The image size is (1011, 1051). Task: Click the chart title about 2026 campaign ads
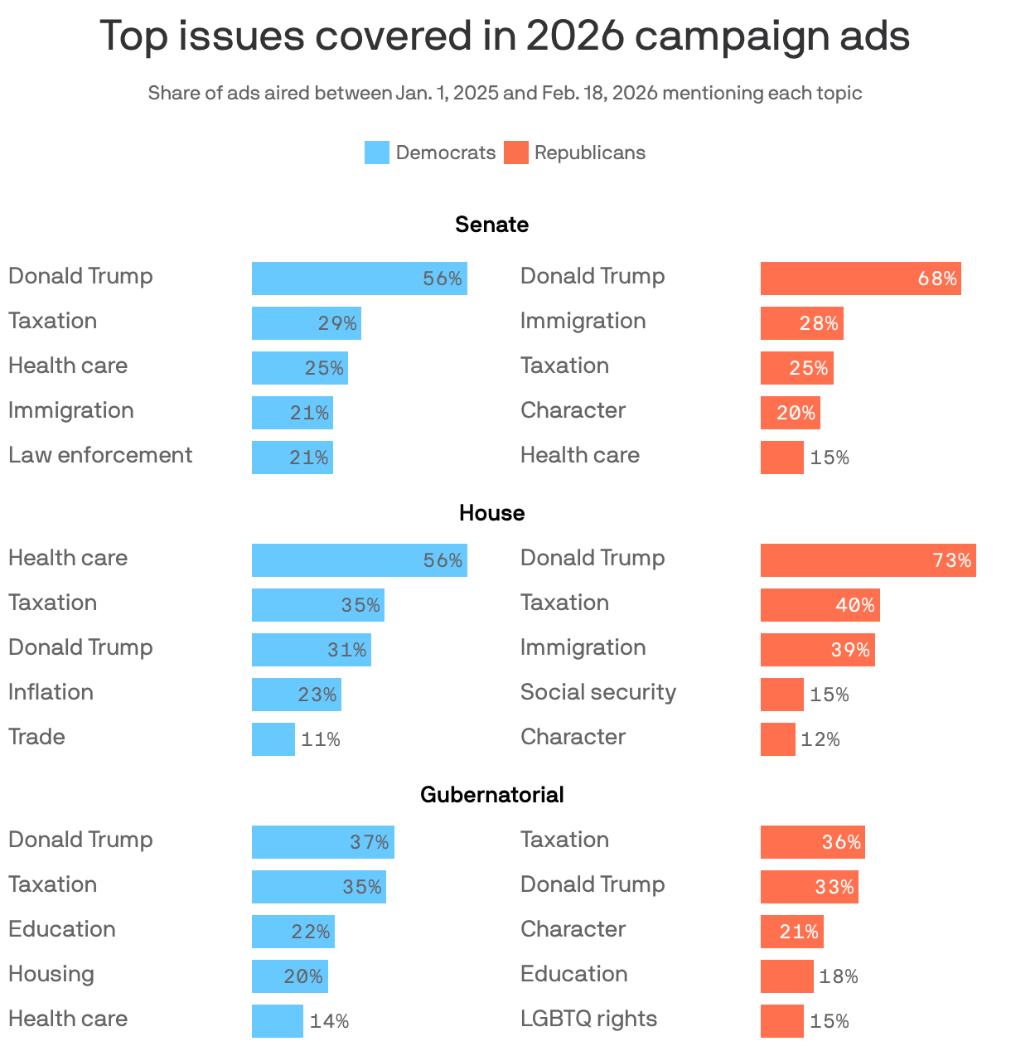coord(505,36)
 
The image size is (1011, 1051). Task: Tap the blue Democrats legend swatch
coord(376,153)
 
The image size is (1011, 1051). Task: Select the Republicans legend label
coord(589,153)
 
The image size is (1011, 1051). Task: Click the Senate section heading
coord(491,225)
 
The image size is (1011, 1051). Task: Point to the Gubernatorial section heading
coord(491,795)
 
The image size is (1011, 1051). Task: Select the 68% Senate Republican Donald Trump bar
coord(860,278)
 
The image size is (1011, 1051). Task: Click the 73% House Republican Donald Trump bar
coord(868,560)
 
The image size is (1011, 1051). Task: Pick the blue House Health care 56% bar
coord(359,560)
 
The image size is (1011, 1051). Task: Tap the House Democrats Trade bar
coord(273,739)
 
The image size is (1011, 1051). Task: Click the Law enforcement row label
coord(100,455)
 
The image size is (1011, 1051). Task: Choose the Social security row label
coord(597,692)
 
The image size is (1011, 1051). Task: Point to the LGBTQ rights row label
coord(588,1019)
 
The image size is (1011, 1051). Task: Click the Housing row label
coord(51,974)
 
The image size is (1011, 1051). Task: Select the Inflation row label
coord(51,692)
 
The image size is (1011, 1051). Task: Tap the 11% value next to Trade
coord(320,739)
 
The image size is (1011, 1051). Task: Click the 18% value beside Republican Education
coord(838,976)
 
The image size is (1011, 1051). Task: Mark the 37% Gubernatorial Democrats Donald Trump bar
coord(322,842)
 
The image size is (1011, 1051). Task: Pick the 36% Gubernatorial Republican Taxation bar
coord(812,842)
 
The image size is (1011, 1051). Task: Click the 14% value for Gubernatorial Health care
coord(329,1021)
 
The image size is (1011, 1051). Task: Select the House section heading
coord(491,513)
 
